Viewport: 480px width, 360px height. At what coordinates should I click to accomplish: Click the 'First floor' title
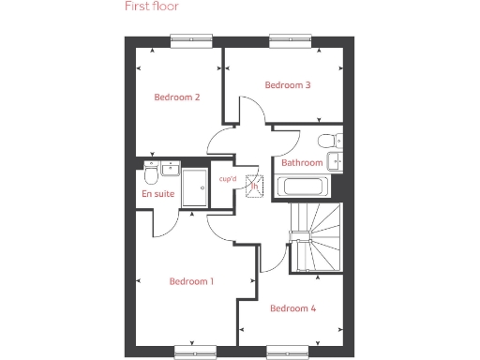pos(152,7)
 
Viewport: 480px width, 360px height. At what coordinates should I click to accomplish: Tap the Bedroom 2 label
pos(177,97)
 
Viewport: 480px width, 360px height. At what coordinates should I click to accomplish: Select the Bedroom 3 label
pos(288,85)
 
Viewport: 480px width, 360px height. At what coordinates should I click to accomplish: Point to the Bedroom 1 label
pos(191,281)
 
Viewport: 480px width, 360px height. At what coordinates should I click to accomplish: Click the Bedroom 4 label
pos(293,308)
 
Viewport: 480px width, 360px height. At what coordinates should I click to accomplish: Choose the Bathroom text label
pos(302,163)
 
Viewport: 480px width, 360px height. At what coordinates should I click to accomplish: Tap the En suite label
pos(158,194)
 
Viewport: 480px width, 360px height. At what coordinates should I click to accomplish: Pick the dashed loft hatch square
pos(252,185)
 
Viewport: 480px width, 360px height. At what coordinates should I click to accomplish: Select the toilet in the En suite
pos(151,174)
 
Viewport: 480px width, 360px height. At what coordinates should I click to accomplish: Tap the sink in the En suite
pos(170,169)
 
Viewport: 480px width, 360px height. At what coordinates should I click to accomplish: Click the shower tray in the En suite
pos(197,188)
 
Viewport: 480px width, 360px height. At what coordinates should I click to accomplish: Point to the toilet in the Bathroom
pos(328,142)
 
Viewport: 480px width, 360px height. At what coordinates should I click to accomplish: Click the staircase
pos(315,237)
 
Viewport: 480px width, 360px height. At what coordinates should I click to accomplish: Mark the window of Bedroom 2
pos(189,38)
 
